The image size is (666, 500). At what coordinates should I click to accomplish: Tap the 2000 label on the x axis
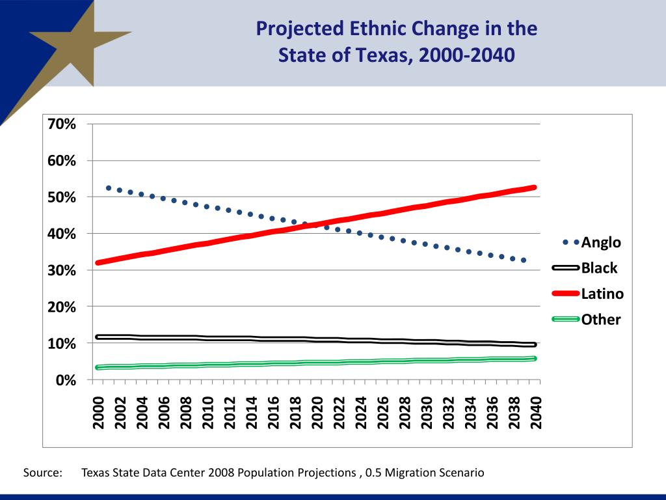(x=99, y=412)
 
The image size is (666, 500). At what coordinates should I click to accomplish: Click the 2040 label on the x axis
(x=536, y=412)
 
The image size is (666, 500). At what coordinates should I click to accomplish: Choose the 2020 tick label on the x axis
(x=317, y=412)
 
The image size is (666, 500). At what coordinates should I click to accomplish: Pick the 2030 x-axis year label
(x=427, y=412)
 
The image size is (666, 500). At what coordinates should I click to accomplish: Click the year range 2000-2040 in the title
(x=466, y=55)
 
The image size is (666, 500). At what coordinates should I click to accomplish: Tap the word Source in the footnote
(x=43, y=473)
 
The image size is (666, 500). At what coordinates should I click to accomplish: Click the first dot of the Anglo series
(x=109, y=188)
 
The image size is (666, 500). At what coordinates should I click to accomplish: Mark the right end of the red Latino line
(x=534, y=187)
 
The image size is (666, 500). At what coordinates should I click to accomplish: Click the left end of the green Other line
(x=98, y=367)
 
